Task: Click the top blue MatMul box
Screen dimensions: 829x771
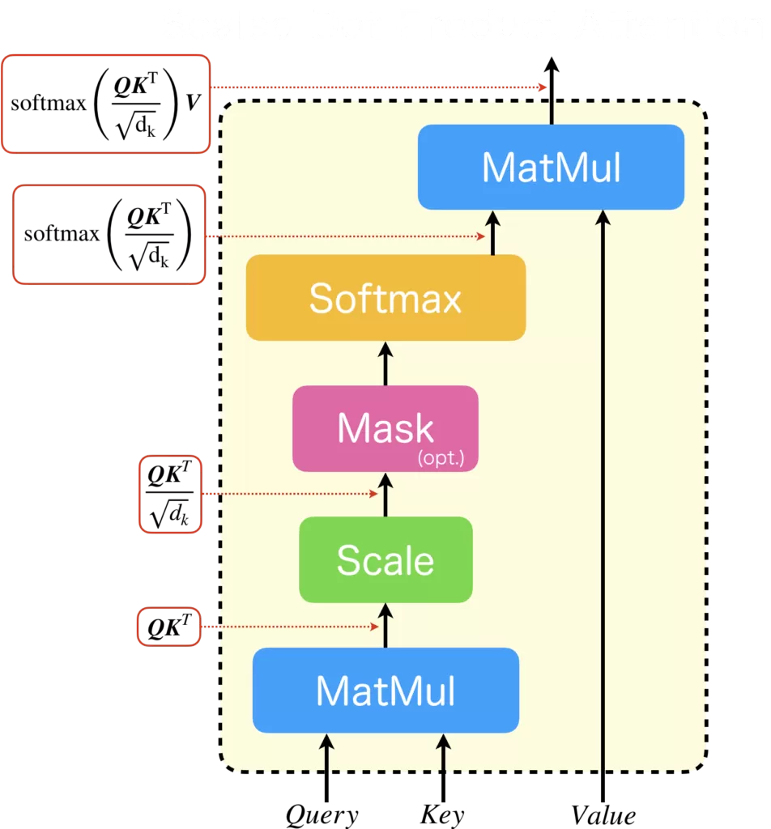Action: tap(551, 167)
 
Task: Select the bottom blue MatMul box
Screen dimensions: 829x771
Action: tap(385, 690)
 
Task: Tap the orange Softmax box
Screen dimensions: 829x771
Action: tap(385, 298)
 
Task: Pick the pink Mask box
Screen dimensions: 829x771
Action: tap(385, 427)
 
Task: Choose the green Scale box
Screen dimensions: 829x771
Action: tap(385, 559)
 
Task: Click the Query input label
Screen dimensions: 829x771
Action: tap(322, 814)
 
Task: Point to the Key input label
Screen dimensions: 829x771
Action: tap(442, 814)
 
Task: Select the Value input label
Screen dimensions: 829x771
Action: tap(603, 814)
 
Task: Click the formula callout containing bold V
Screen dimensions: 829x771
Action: tap(105, 104)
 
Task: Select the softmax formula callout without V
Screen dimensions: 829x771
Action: tap(109, 235)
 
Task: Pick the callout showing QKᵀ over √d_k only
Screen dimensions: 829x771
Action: tap(170, 494)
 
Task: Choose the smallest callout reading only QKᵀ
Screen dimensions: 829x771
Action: tap(168, 627)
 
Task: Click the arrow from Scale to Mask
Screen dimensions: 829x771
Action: tap(385, 495)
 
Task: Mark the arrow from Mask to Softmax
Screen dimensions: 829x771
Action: tap(385, 363)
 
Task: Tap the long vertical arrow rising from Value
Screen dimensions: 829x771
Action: tap(603, 502)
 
